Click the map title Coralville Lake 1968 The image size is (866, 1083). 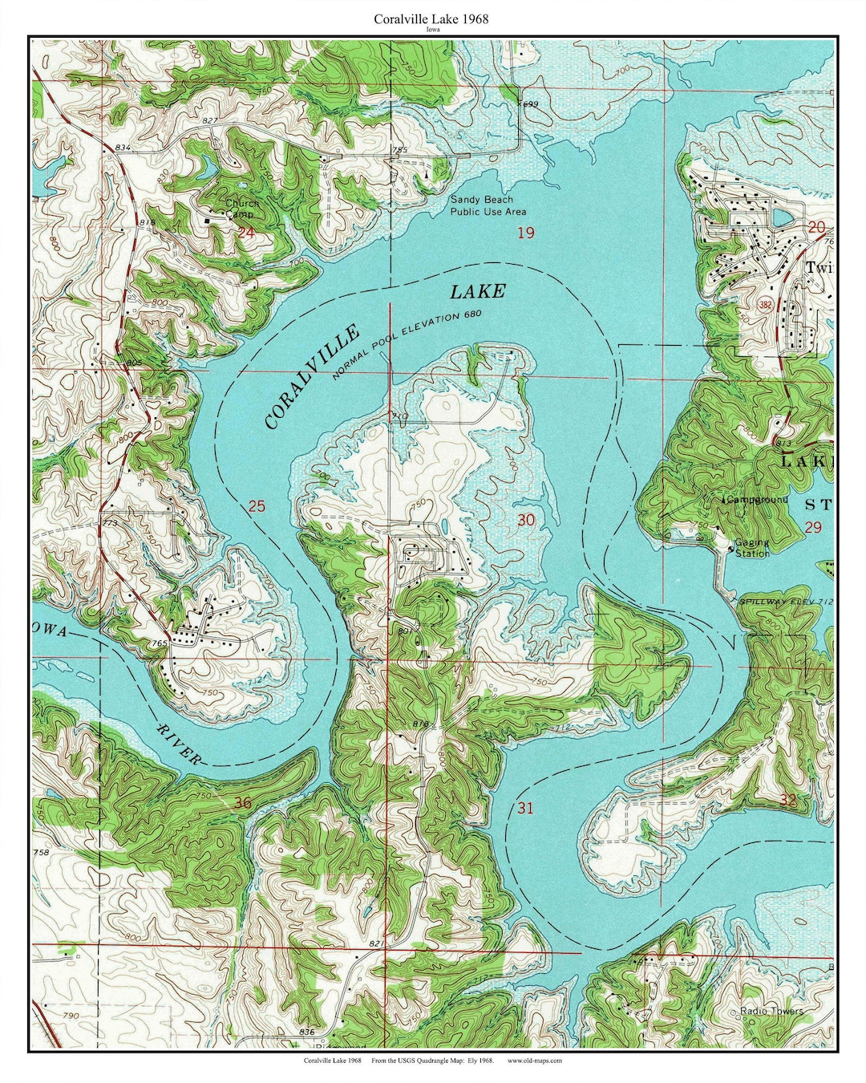click(431, 18)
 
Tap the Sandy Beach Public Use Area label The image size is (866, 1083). click(488, 205)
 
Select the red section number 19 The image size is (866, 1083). click(525, 233)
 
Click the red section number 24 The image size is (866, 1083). click(245, 233)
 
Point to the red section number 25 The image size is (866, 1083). click(256, 506)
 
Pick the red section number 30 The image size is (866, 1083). click(525, 521)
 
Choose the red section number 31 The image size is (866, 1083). click(524, 808)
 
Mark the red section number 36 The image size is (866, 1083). click(242, 803)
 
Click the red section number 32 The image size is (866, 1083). click(787, 800)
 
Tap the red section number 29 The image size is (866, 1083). click(813, 527)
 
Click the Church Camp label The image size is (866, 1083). click(239, 209)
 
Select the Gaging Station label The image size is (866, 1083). click(752, 548)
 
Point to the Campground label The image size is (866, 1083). click(756, 499)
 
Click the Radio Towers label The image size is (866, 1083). click(771, 1011)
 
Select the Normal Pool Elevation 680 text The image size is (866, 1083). click(407, 344)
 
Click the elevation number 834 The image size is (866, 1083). click(123, 148)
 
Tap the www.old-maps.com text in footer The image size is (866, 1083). click(535, 1060)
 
